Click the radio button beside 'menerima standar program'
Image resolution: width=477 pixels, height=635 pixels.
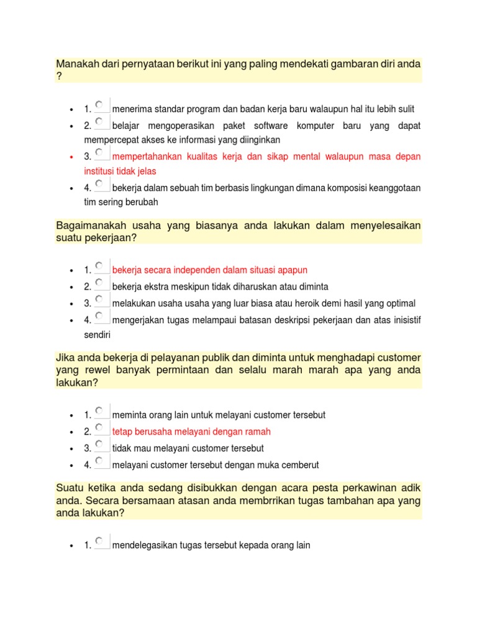pos(99,105)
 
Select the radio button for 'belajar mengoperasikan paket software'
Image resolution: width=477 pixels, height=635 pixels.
pos(99,122)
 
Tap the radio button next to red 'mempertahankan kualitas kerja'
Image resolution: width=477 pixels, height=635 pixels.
pos(99,152)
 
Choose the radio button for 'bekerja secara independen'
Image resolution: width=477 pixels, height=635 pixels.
pos(99,266)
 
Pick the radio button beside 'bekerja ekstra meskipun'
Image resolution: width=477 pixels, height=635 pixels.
pos(99,283)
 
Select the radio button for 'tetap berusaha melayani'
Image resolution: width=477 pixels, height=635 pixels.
pos(99,428)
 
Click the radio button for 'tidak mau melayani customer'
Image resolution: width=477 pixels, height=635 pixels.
pos(99,444)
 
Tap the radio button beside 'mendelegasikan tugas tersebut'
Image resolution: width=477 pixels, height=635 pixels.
pos(99,541)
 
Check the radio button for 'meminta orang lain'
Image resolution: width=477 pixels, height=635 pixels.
pos(99,411)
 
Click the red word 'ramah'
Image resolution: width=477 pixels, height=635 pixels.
pos(258,432)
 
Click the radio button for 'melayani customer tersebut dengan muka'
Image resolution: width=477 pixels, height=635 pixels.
pos(99,461)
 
